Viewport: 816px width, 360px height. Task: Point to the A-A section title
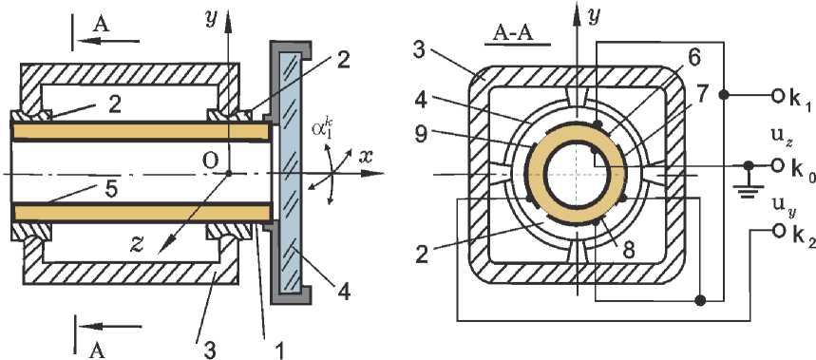point(518,35)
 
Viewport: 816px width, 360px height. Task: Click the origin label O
point(210,161)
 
